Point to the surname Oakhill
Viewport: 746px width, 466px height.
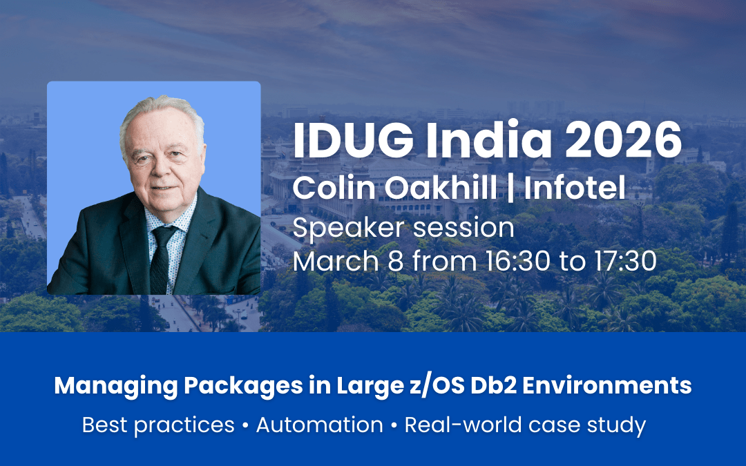tap(440, 188)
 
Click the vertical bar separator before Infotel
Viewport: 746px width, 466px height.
tap(510, 188)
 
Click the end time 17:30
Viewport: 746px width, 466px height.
tap(625, 261)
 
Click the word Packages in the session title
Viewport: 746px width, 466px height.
tap(243, 386)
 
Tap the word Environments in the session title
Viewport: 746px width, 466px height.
tap(607, 386)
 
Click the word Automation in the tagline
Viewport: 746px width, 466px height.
tap(320, 425)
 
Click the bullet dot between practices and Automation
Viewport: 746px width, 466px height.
tap(245, 425)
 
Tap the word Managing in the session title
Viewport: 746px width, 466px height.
tap(116, 386)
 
